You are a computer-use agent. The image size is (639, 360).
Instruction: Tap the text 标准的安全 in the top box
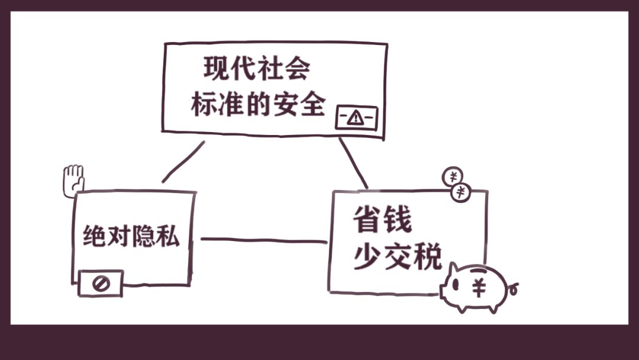tap(259, 105)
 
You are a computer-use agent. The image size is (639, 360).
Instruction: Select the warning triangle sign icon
tap(356, 118)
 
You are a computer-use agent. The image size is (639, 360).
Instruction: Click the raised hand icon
tap(73, 179)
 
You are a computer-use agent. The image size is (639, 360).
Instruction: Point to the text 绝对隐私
tap(131, 237)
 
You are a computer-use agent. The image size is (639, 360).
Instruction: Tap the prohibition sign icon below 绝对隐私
tap(101, 284)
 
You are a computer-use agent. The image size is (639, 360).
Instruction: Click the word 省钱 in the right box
tap(382, 220)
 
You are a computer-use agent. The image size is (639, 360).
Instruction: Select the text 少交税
tap(398, 258)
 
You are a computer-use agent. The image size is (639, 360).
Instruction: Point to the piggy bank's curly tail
tap(514, 290)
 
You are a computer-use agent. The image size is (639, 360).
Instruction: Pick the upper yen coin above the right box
tap(453, 176)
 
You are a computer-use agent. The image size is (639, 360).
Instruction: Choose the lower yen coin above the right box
tap(461, 192)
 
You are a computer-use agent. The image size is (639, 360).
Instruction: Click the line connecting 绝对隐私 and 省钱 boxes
tap(263, 240)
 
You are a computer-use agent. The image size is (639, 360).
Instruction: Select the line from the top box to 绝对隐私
tap(183, 161)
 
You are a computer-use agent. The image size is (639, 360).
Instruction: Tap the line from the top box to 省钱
tap(353, 163)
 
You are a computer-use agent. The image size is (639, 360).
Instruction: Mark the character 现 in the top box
tap(217, 69)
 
